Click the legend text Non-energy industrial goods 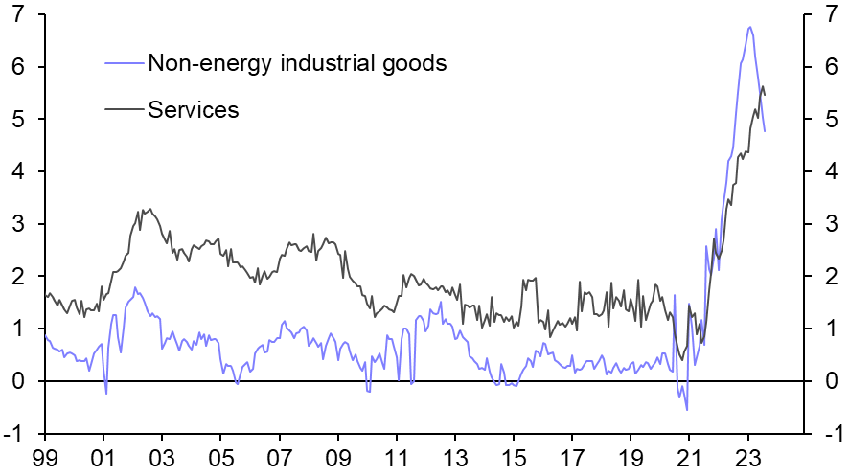pos(297,64)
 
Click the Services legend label pos(193,109)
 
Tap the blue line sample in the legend pos(123,64)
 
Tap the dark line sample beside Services pos(123,109)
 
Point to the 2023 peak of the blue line pos(749,27)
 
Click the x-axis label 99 pos(44,457)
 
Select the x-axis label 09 pos(338,457)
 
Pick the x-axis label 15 pos(514,457)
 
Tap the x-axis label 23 pos(748,457)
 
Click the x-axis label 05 pos(220,457)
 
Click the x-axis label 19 pos(631,457)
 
